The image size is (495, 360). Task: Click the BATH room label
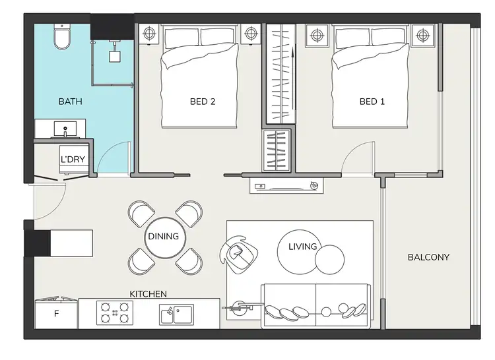point(71,102)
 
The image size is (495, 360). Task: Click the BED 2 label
point(203,102)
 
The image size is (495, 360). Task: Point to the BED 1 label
point(372,102)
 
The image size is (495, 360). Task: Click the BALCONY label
point(428,257)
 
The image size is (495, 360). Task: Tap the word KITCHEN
point(148,293)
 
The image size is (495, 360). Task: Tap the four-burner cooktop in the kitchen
point(114,313)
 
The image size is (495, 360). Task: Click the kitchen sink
point(176,314)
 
